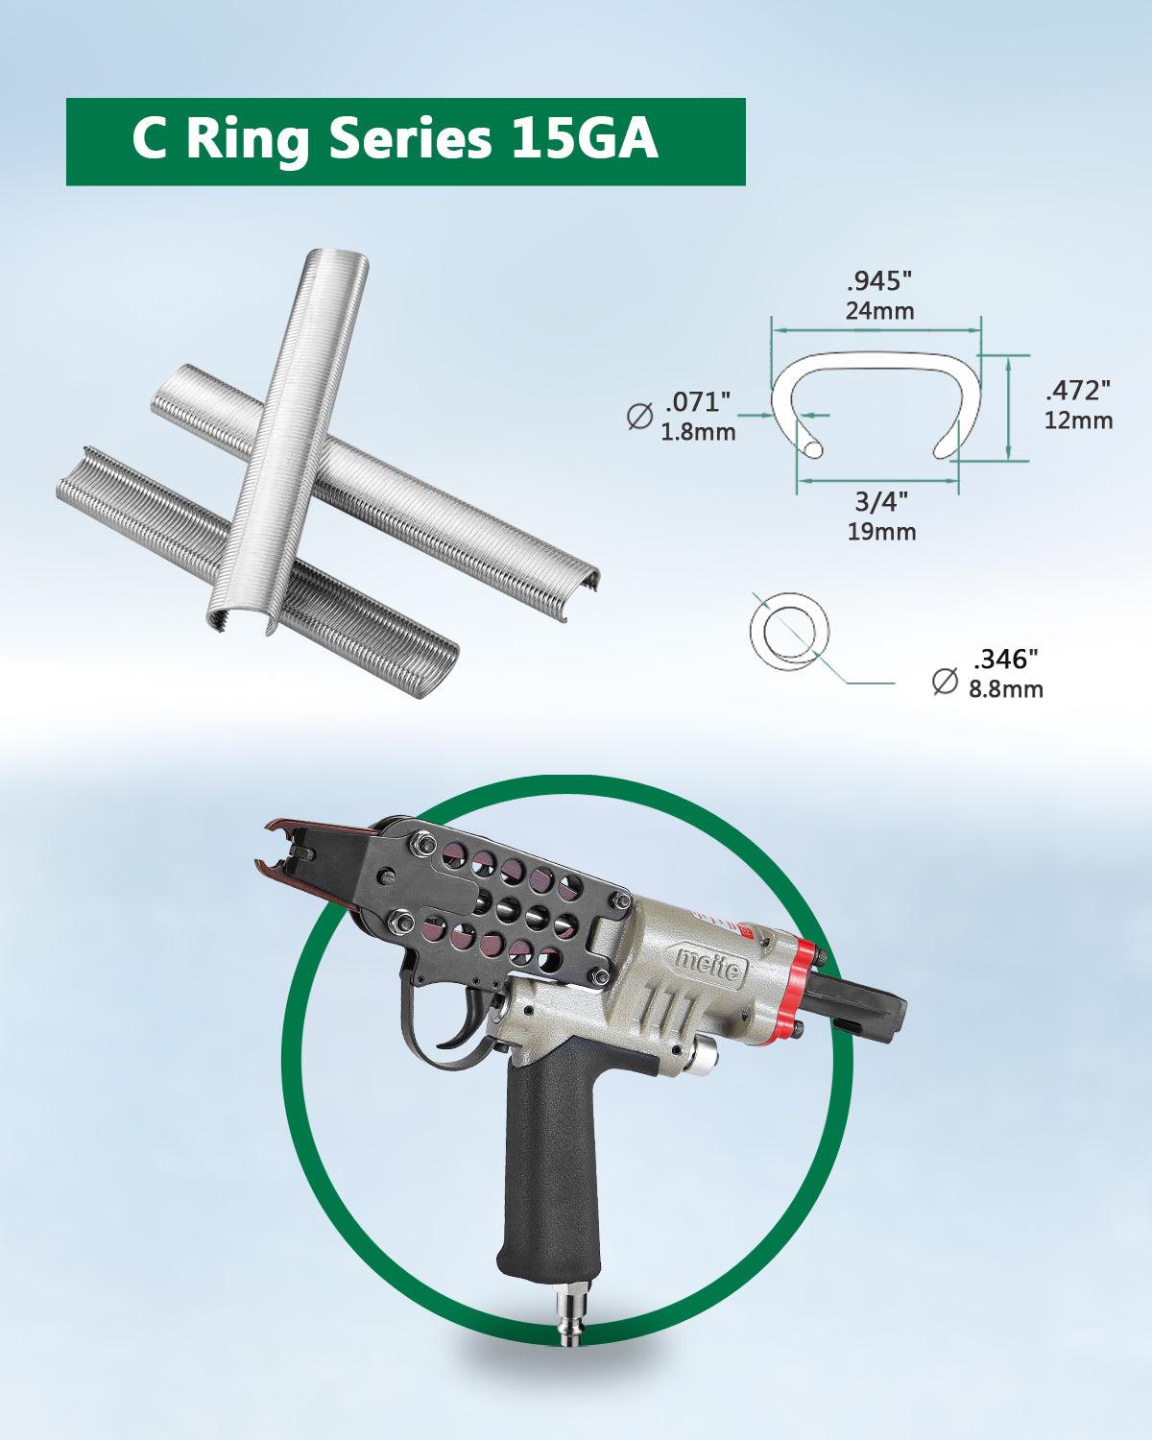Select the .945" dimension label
pyautogui.click(x=879, y=281)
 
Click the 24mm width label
pyautogui.click(x=879, y=310)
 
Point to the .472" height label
pyautogui.click(x=1078, y=390)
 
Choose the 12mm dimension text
pyautogui.click(x=1078, y=420)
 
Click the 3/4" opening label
pyautogui.click(x=881, y=502)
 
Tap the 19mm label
pyautogui.click(x=881, y=532)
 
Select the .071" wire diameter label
pyautogui.click(x=697, y=402)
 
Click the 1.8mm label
pyautogui.click(x=698, y=432)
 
